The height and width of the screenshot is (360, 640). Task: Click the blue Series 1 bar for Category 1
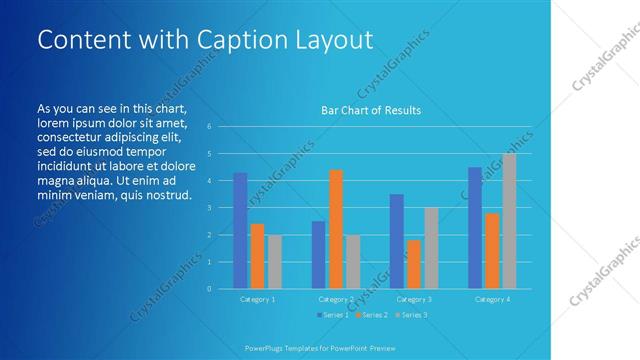click(240, 231)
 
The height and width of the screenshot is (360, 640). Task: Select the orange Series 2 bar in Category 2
click(336, 229)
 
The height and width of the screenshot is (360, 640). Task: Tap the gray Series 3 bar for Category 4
click(509, 221)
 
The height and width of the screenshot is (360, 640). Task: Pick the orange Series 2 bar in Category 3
click(414, 264)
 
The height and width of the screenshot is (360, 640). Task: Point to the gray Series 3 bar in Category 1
click(274, 262)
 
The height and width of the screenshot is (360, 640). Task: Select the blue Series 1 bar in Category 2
click(318, 255)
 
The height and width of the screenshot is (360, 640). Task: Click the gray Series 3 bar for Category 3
click(431, 248)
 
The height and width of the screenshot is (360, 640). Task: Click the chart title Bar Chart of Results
click(370, 110)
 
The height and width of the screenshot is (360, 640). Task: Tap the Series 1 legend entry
click(334, 315)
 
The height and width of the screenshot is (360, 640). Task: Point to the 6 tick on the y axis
click(209, 127)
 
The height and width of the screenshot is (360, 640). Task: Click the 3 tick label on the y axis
click(209, 208)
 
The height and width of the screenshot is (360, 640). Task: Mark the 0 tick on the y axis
click(209, 289)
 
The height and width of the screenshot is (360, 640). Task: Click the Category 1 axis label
click(257, 299)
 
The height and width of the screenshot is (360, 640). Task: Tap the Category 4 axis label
click(491, 299)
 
